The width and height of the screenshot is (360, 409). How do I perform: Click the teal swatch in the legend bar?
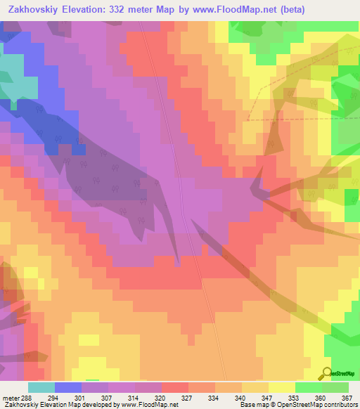pyautogui.click(x=41, y=387)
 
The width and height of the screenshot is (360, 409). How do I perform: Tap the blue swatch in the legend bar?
pyautogui.click(x=68, y=387)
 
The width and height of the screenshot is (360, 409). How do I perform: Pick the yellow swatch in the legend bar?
pyautogui.click(x=282, y=387)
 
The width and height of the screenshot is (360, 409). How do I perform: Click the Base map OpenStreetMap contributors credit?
pyautogui.click(x=299, y=404)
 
